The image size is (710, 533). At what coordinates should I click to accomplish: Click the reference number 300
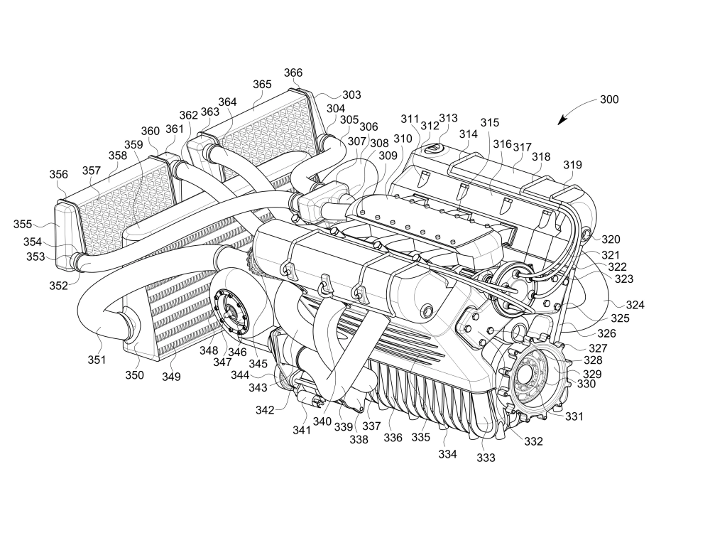(x=609, y=100)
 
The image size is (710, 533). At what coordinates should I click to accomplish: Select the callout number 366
(x=293, y=73)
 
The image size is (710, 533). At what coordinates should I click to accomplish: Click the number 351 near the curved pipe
(x=97, y=360)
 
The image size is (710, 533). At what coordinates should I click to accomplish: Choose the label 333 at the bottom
(x=486, y=458)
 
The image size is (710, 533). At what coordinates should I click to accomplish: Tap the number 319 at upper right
(x=573, y=166)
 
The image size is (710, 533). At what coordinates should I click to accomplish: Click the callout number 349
(x=170, y=376)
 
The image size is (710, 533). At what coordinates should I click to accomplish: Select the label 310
(x=403, y=139)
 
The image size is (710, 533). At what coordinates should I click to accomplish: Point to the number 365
(x=262, y=85)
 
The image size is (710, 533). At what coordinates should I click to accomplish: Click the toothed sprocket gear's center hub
(x=532, y=374)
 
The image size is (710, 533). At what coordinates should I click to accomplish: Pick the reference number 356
(x=59, y=175)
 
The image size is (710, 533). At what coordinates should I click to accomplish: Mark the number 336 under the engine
(x=393, y=438)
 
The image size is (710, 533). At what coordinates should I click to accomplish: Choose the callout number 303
(x=351, y=95)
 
